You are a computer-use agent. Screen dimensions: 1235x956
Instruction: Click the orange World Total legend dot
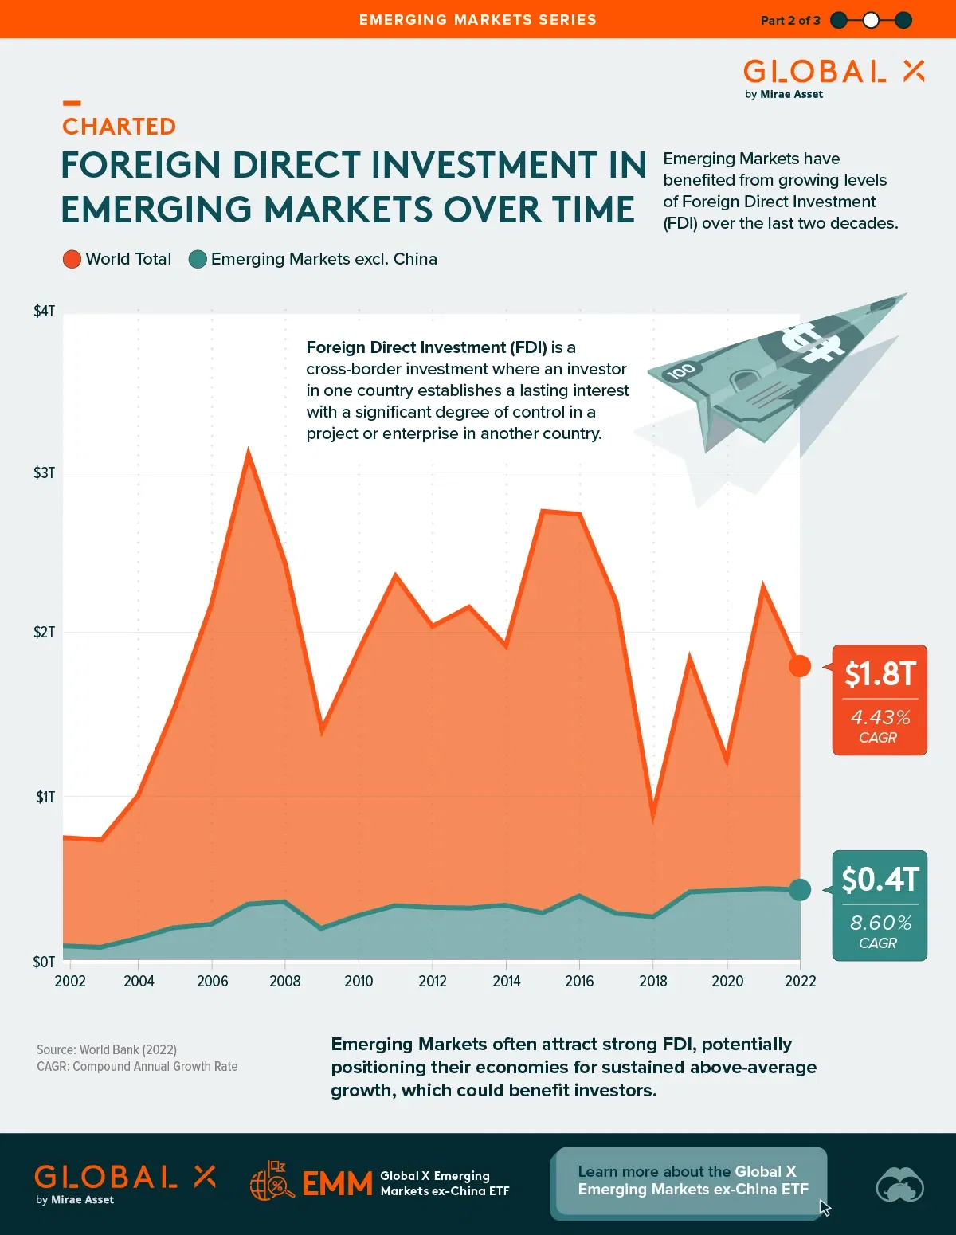(72, 259)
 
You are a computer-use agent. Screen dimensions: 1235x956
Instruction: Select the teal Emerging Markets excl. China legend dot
(198, 259)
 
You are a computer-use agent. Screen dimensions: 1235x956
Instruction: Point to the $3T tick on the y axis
(44, 472)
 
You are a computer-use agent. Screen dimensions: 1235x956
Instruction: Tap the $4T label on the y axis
(44, 311)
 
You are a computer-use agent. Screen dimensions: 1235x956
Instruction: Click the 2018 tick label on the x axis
(652, 981)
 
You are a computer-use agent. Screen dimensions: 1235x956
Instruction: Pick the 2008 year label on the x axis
(284, 981)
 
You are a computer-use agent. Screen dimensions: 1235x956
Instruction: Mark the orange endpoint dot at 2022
(800, 666)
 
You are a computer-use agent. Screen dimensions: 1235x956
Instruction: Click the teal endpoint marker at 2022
(800, 889)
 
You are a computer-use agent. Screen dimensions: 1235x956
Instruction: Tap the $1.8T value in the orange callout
(880, 674)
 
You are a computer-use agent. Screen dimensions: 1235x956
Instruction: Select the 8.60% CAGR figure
(880, 923)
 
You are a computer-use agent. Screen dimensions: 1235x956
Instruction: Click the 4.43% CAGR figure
(880, 717)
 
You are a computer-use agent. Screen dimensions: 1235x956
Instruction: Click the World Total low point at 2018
(653, 814)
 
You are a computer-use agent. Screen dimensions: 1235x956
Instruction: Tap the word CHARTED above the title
(119, 127)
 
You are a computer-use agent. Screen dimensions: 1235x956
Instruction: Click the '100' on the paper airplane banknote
(681, 370)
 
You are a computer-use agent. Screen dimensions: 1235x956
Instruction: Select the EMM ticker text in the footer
(337, 1183)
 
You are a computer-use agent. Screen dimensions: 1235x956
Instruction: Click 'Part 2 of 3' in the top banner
(789, 20)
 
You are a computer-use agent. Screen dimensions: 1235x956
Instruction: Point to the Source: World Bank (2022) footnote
(107, 1049)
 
